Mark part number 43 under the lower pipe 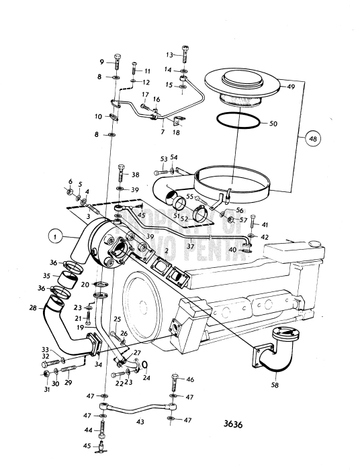140,422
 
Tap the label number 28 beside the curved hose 32,308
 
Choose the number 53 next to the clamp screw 163,158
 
